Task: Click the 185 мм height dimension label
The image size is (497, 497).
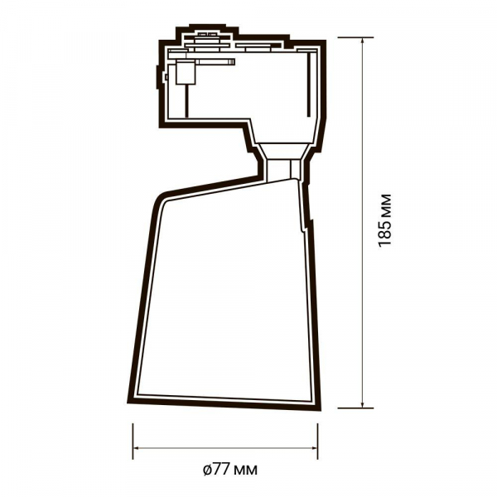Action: point(385,220)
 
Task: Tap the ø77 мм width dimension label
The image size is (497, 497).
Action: point(230,469)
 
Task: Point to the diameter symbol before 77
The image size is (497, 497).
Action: point(207,470)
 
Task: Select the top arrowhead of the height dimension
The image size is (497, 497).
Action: point(362,42)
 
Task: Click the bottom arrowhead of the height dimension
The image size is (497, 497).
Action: point(362,403)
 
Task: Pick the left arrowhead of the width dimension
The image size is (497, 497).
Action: point(138,448)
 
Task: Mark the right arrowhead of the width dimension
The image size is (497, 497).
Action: point(312,448)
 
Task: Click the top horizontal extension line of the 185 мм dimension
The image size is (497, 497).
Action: point(355,37)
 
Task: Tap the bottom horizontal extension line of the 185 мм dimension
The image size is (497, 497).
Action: point(355,408)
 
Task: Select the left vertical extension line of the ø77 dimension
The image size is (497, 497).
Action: point(133,442)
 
